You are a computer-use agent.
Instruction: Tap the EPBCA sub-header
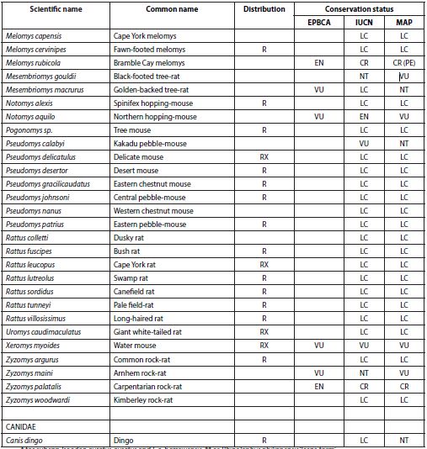319,23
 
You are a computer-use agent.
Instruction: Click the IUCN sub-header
364,23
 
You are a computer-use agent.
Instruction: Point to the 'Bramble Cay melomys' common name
150,62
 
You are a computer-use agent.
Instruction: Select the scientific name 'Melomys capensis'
34,37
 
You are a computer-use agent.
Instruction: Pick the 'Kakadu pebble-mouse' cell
150,144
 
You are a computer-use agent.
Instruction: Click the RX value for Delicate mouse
264,156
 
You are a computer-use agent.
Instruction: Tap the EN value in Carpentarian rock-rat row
319,386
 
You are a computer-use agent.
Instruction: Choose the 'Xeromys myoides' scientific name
34,345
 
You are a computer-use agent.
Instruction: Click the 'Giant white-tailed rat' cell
152,332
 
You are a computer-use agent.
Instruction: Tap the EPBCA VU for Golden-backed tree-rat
319,89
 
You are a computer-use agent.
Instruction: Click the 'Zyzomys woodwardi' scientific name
40,399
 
